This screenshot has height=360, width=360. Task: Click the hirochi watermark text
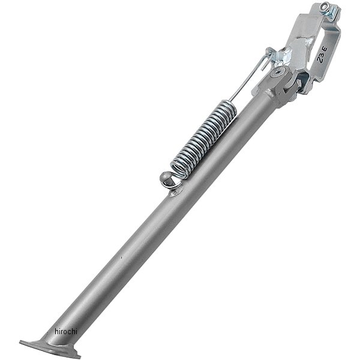pyautogui.click(x=66, y=331)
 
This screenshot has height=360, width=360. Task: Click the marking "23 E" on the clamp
pyautogui.click(x=322, y=54)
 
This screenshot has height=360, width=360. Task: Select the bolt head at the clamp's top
pyautogui.click(x=324, y=6)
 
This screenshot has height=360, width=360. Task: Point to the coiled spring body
pyautogui.click(x=204, y=139)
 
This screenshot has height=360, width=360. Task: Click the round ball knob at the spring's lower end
pyautogui.click(x=165, y=177)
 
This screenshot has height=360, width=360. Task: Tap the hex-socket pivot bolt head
pyautogui.click(x=277, y=73)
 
